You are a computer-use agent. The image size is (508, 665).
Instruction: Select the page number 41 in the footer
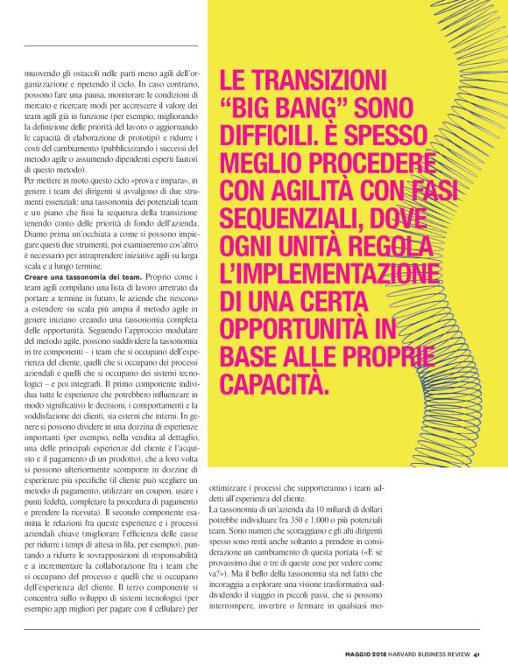476,653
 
